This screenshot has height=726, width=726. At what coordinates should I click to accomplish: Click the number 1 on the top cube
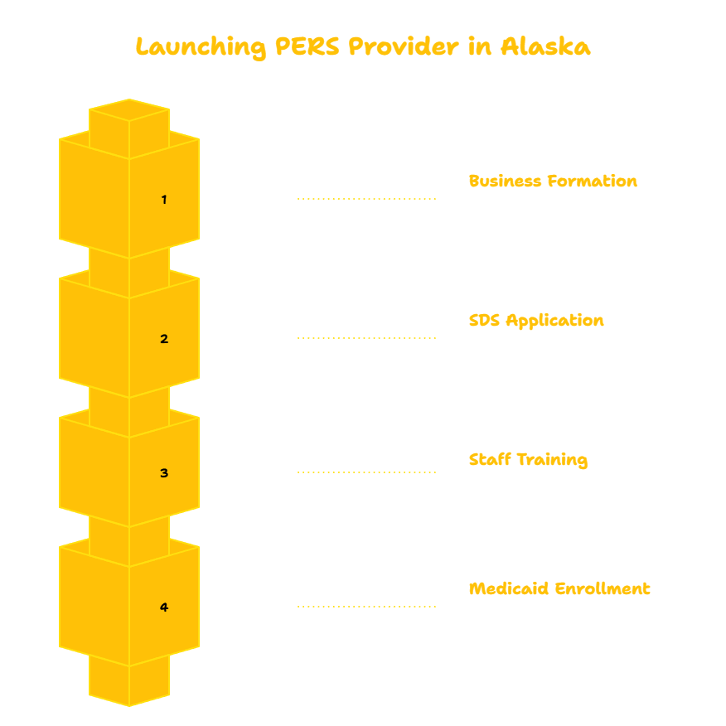click(164, 200)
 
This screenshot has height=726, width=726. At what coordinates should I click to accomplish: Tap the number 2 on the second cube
click(164, 339)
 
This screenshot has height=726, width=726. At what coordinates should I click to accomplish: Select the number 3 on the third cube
click(164, 472)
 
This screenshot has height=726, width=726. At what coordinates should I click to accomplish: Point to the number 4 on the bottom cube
click(164, 607)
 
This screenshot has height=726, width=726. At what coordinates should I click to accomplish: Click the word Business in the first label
click(505, 181)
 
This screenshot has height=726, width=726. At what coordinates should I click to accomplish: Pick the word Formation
click(593, 181)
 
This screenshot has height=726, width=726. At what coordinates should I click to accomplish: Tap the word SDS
click(484, 321)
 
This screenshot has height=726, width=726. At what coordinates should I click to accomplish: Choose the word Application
click(554, 322)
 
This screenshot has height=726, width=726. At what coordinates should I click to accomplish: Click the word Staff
click(490, 459)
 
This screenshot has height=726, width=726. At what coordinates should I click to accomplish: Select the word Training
click(552, 460)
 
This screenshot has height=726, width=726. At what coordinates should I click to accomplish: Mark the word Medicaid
click(509, 588)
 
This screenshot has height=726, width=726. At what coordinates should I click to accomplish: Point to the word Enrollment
click(603, 588)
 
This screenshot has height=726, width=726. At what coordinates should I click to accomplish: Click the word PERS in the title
click(307, 46)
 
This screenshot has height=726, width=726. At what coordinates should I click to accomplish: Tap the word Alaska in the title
click(545, 46)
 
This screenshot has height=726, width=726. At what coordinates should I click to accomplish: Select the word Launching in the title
click(201, 48)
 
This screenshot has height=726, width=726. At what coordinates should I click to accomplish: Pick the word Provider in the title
click(404, 46)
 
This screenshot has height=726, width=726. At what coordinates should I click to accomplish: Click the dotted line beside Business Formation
click(366, 199)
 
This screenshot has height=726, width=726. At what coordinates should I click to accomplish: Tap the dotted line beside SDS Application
click(366, 338)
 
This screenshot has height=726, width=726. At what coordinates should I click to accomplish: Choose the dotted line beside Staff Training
click(366, 472)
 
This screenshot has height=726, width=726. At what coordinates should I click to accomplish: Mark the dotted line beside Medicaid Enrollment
click(366, 607)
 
